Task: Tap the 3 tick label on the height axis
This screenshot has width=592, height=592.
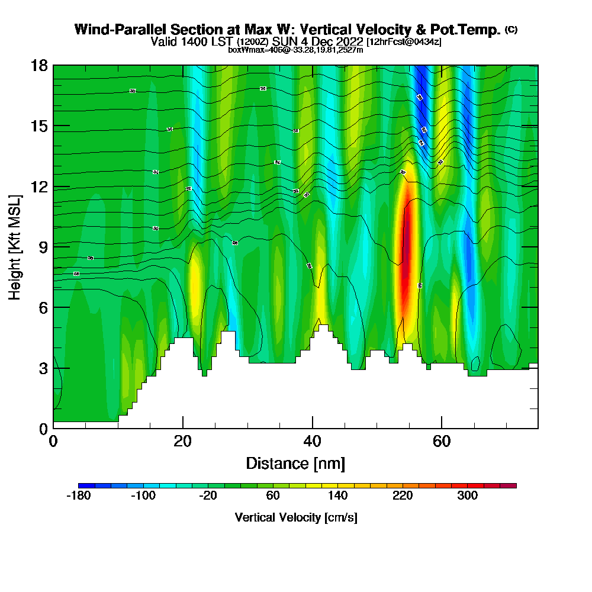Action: (42, 368)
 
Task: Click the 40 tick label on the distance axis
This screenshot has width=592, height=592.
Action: (312, 441)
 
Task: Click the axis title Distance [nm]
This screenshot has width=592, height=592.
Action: (295, 463)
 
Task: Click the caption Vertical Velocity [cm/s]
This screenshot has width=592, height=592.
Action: (296, 517)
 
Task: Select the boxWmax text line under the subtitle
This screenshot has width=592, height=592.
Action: (295, 50)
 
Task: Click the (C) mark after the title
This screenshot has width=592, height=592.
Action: (511, 30)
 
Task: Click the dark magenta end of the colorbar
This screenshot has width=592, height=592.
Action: (510, 485)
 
